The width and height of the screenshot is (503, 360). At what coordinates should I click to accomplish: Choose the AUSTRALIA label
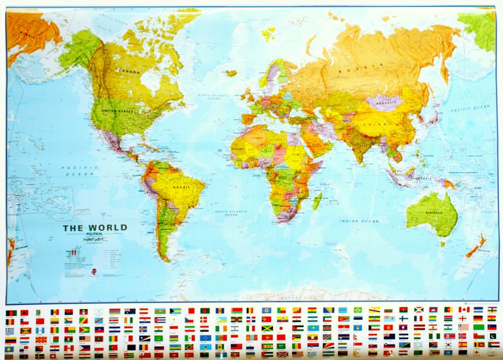click(x=431, y=213)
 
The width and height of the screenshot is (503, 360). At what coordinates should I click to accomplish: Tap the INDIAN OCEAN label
click(x=359, y=221)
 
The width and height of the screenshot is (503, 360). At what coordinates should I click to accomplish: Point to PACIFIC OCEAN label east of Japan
click(x=473, y=107)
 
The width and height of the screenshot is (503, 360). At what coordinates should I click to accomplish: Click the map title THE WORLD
click(x=95, y=228)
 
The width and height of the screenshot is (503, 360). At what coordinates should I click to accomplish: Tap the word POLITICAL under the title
click(x=95, y=235)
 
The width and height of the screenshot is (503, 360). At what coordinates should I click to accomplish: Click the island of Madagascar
click(x=316, y=200)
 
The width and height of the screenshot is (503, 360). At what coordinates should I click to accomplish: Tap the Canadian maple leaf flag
click(x=464, y=309)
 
